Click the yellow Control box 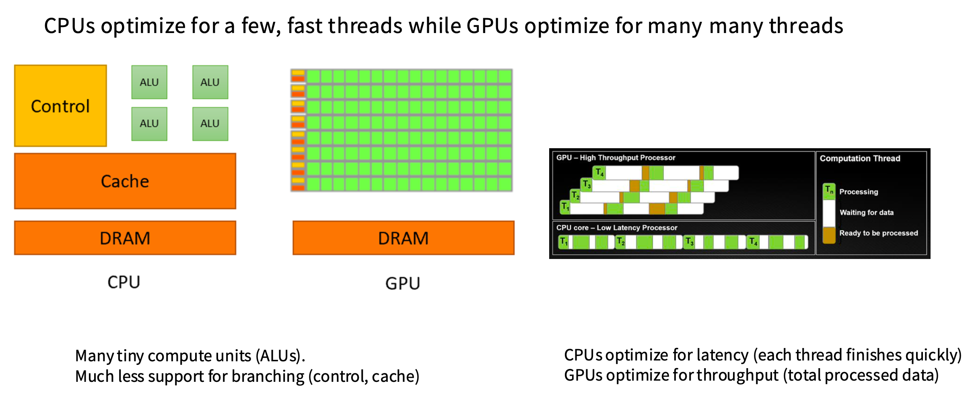(x=60, y=106)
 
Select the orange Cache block (x=125, y=181)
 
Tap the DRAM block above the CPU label (x=125, y=238)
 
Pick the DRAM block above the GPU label (x=404, y=238)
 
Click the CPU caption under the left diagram (x=124, y=282)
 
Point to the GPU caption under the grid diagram (x=403, y=283)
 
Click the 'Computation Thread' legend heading (x=860, y=158)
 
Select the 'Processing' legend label (x=859, y=192)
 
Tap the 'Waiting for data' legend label (x=867, y=212)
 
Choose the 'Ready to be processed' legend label (x=879, y=233)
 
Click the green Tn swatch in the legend (x=829, y=191)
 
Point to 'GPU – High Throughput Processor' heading (x=616, y=157)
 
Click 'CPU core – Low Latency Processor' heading (x=617, y=228)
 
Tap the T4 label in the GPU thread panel (x=599, y=172)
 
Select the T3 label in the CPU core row (x=690, y=242)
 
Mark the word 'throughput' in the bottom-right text (x=738, y=375)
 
